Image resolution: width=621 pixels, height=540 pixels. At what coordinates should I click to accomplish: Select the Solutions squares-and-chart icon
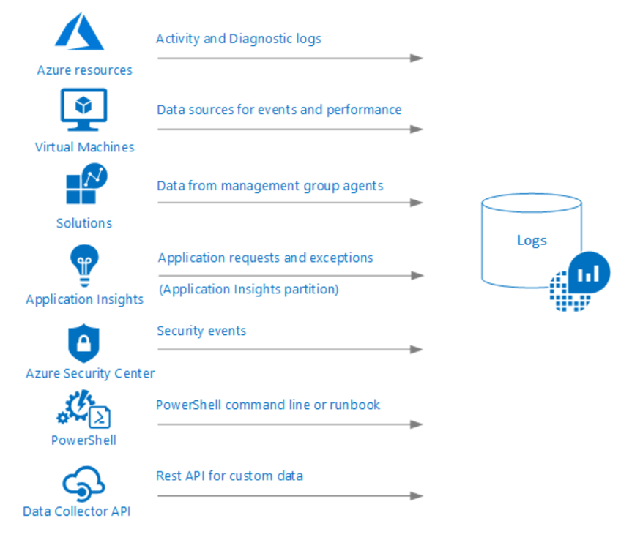(85, 185)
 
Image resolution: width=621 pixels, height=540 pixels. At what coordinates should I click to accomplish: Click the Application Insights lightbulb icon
(84, 264)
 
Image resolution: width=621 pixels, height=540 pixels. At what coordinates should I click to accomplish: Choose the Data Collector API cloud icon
(83, 484)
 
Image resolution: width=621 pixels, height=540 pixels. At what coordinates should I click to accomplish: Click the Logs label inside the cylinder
(532, 240)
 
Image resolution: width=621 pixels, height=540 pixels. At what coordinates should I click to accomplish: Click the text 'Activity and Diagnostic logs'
(239, 38)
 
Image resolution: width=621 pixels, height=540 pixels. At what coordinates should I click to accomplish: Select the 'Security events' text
(201, 331)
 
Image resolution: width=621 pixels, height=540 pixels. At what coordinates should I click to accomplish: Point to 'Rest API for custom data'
(229, 476)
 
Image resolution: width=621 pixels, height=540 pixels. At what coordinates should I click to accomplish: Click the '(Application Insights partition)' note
(249, 289)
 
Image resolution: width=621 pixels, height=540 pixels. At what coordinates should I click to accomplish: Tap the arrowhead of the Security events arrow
(417, 350)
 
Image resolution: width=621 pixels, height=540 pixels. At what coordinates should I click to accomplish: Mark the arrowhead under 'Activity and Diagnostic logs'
(417, 58)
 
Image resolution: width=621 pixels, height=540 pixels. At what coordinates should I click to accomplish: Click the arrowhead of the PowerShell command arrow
(417, 424)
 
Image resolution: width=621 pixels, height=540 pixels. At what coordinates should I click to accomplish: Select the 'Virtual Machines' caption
(85, 147)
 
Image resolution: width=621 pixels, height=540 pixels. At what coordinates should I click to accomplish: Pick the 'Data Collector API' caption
(77, 511)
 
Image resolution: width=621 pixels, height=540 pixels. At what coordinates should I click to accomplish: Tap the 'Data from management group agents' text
(269, 186)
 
